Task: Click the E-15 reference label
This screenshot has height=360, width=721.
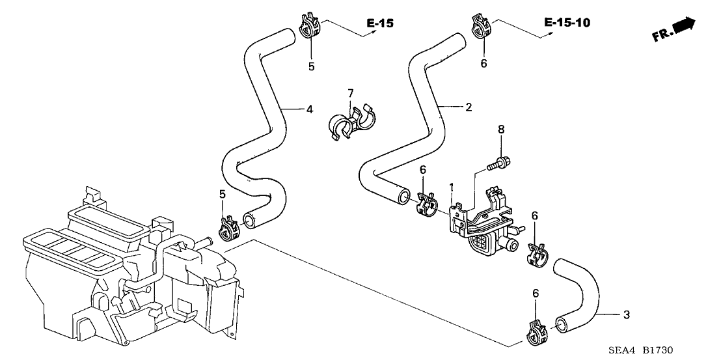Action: click(380, 24)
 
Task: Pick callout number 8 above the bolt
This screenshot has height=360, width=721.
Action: click(501, 130)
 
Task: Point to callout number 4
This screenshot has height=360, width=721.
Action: click(310, 109)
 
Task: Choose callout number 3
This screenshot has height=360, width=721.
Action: click(626, 316)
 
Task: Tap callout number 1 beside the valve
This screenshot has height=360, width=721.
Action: click(450, 187)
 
